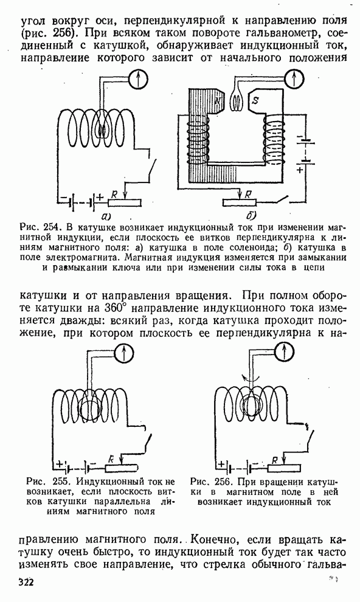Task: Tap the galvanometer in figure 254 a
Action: click(x=139, y=78)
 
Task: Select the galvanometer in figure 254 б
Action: click(x=294, y=79)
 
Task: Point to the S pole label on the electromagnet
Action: click(x=255, y=100)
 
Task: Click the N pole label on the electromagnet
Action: click(x=218, y=101)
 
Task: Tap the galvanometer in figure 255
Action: click(x=124, y=353)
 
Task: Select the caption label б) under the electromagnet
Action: click(x=251, y=215)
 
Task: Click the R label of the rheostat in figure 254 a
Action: click(x=114, y=195)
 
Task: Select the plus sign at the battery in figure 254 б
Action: click(x=300, y=169)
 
